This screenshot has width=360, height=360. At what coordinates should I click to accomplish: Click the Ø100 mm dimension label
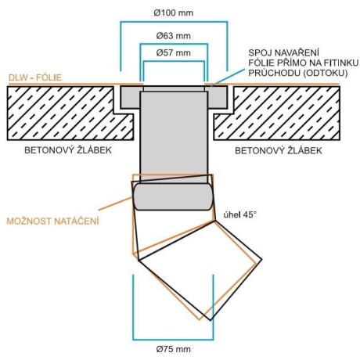coord(174,13)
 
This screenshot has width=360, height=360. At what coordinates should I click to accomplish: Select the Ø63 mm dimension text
coord(174,36)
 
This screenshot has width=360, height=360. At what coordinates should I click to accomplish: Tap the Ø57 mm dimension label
coord(174,53)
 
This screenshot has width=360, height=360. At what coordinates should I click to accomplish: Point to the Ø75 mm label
coord(174,349)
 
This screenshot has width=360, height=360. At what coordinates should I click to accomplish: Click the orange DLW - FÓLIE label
coord(35,77)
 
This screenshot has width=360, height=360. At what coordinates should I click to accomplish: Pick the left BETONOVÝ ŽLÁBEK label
coord(68,150)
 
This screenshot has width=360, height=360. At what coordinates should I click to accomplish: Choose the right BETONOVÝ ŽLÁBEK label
coord(279,150)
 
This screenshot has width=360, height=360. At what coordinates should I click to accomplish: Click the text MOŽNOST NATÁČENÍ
coord(52,221)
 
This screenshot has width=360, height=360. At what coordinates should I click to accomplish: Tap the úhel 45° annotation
coord(240,214)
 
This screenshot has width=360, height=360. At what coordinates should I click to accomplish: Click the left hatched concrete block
coord(70,113)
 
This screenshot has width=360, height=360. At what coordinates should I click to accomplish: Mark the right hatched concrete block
coord(277,113)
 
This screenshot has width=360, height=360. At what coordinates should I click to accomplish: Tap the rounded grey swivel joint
coord(173,196)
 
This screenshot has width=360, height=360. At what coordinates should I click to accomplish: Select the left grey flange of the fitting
coord(130,97)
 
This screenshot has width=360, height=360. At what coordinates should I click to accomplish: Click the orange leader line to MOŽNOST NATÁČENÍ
coord(115,203)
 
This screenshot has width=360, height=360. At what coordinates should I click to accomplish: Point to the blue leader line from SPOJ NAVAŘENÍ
coord(228,77)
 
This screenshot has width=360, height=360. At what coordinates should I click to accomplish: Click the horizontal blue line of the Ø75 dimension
coord(173,340)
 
